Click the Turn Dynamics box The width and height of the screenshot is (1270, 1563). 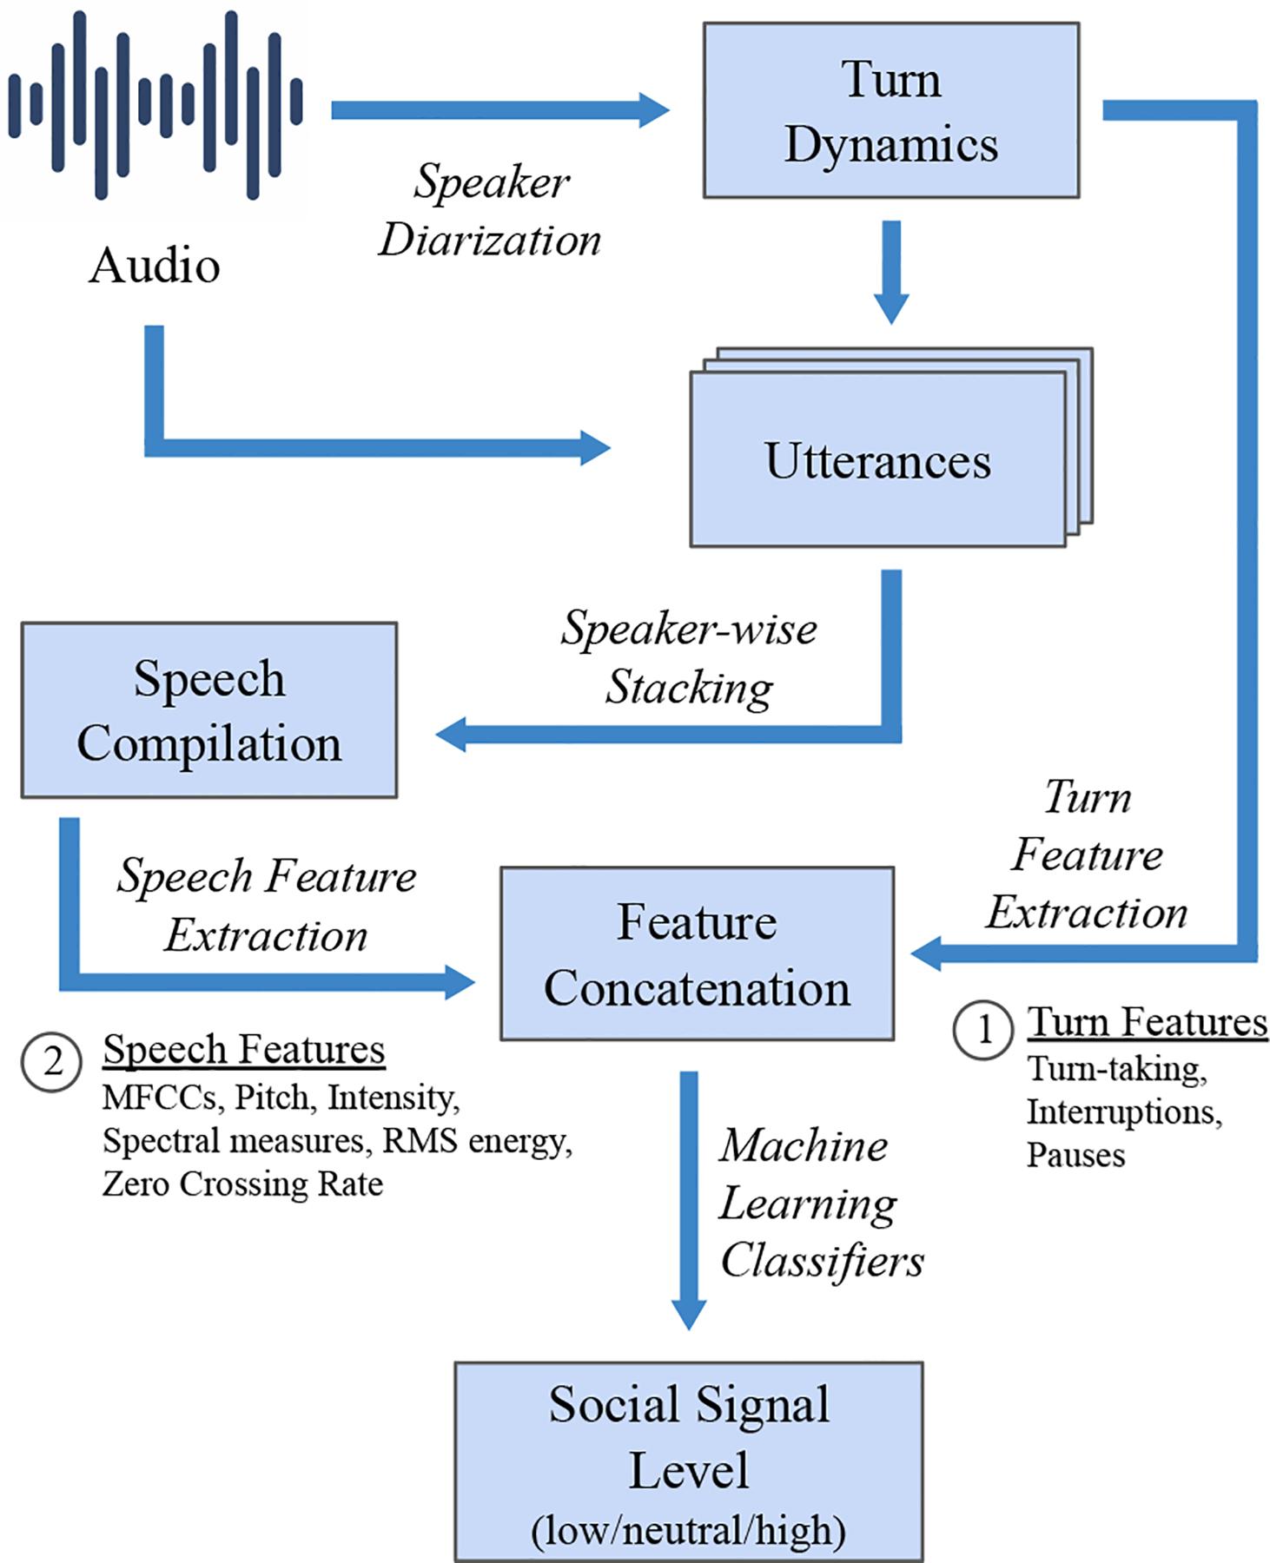coord(890,111)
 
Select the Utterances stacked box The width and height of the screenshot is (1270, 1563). coord(878,459)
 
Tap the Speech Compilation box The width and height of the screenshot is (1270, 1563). coord(208,710)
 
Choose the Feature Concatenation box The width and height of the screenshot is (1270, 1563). coord(697,953)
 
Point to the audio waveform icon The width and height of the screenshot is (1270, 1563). coord(156,104)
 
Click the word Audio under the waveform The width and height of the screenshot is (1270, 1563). coord(155,265)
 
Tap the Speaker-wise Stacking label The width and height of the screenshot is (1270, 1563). coord(689,657)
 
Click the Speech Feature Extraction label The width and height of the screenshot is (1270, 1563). coord(267,905)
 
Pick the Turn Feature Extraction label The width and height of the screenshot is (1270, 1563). coord(1087,854)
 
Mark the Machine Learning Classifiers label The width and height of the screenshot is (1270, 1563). coord(821,1203)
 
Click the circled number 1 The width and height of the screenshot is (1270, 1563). coord(983,1030)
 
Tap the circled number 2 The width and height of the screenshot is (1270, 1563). coord(52,1061)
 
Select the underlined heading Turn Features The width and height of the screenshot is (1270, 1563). coord(1148,1022)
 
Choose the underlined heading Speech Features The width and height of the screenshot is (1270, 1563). coord(244,1049)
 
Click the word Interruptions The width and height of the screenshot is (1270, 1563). coord(1124,1111)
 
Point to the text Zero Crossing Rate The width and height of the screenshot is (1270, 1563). coord(242,1184)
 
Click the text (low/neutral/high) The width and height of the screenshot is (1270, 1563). coord(688,1529)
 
